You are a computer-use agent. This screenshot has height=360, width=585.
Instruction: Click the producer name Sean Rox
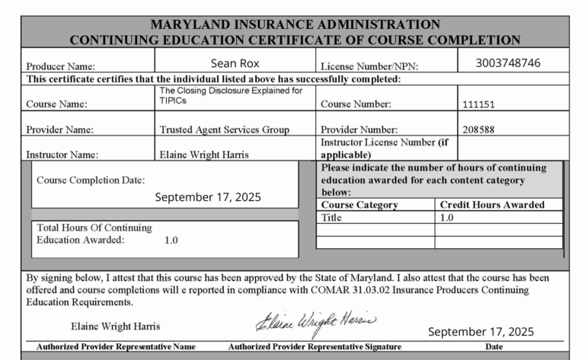coord(236,62)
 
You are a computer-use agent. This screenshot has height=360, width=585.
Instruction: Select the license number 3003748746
coord(508,62)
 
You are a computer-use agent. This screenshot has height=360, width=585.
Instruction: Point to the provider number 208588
coord(478,129)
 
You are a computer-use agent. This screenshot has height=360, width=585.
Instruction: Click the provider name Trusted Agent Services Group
coord(224,129)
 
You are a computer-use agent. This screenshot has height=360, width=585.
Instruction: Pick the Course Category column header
coord(360,205)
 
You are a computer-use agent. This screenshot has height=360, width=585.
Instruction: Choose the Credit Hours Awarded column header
coord(492,205)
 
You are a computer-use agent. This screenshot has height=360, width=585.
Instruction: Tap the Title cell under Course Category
coord(333,217)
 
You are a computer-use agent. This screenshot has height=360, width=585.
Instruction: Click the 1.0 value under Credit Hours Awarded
coord(447,217)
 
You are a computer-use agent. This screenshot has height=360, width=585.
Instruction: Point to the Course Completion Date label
coord(91,180)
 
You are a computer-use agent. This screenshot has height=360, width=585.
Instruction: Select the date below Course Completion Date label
coord(208,196)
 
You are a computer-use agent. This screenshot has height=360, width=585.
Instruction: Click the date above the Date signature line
coord(481,332)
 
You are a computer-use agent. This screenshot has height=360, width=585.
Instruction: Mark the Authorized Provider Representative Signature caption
coord(315,347)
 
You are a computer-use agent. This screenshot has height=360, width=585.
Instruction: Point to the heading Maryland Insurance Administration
coord(295,24)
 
